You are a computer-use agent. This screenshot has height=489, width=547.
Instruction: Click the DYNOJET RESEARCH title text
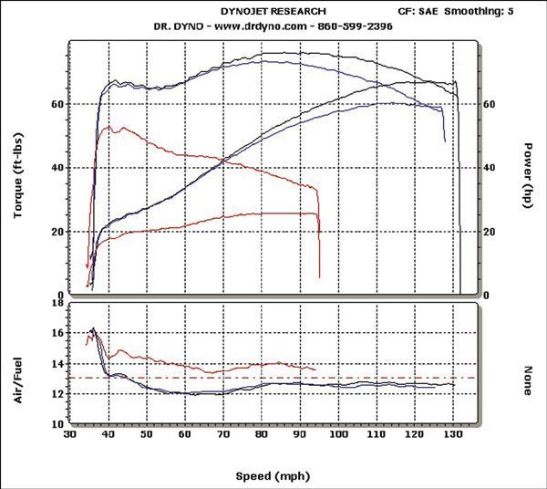pyautogui.click(x=274, y=11)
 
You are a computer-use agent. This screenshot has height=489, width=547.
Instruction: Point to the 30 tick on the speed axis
pyautogui.click(x=69, y=437)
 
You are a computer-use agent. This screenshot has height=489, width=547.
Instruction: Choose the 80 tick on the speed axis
pyautogui.click(x=262, y=437)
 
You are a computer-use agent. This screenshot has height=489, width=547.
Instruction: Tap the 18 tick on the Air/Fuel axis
pyautogui.click(x=57, y=303)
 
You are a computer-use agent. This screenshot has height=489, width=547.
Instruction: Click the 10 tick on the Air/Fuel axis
pyautogui.click(x=57, y=424)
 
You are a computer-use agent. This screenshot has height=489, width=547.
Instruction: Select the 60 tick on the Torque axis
pyautogui.click(x=57, y=105)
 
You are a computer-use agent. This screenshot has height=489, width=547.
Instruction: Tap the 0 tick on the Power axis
pyautogui.click(x=485, y=296)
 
